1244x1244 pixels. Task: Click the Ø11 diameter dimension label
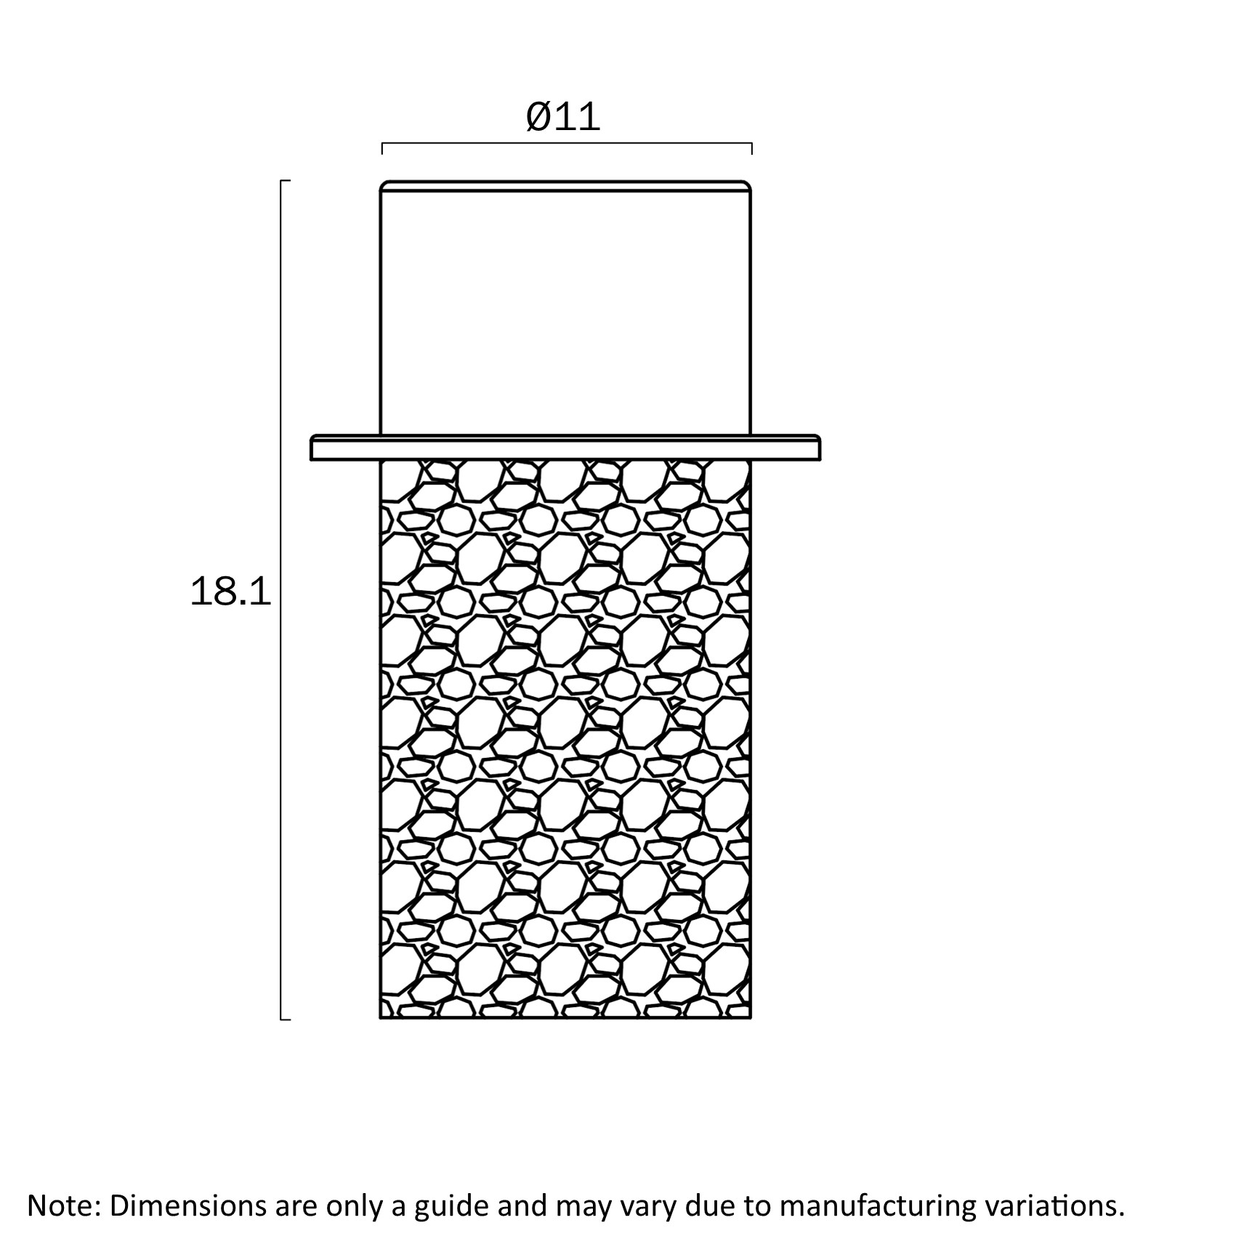point(564,116)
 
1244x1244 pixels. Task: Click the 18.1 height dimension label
point(230,591)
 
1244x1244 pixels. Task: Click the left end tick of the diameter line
point(382,149)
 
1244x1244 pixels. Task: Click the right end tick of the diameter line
point(751,149)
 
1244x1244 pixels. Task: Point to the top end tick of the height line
point(286,180)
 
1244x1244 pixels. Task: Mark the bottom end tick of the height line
point(286,1019)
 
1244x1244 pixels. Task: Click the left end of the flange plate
point(312,448)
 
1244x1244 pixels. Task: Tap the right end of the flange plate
point(820,448)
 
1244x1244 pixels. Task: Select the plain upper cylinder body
point(566,308)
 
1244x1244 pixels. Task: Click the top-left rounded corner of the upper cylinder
point(384,183)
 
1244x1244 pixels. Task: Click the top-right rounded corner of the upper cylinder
point(748,183)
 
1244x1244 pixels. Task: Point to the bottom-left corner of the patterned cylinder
point(381,1017)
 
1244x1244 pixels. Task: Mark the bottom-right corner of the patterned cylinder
point(751,1017)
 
